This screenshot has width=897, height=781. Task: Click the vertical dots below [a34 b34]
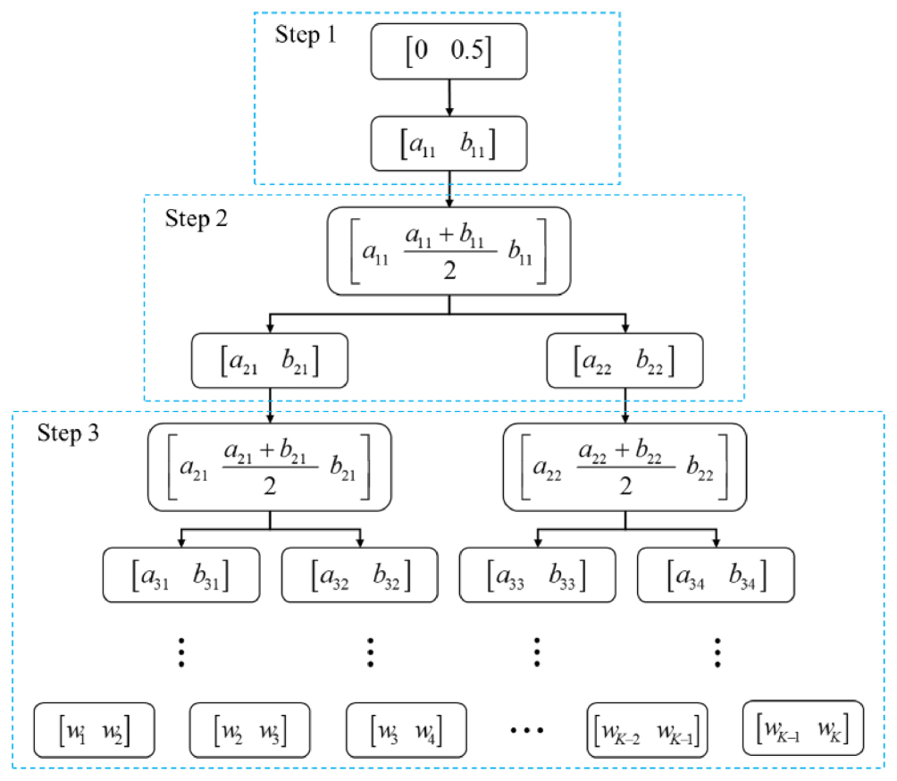(x=717, y=652)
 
